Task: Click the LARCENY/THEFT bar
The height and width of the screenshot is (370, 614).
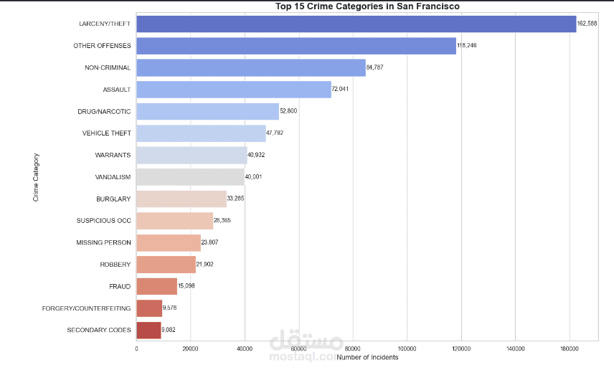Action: [x=356, y=24]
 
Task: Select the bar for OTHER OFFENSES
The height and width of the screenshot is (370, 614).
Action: [x=296, y=46]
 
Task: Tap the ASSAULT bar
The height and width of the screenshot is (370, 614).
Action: [x=233, y=90]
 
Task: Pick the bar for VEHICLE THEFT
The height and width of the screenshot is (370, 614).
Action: [x=201, y=133]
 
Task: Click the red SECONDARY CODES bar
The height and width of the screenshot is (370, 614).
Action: [x=148, y=330]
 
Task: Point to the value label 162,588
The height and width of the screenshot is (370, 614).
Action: [x=587, y=24]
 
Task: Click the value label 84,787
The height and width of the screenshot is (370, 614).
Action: [x=375, y=68]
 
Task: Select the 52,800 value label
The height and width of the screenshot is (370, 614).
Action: [x=288, y=112]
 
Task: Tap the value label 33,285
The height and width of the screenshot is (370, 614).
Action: [x=236, y=199]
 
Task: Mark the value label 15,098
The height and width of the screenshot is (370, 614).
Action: [x=186, y=286]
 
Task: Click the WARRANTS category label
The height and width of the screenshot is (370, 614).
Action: [x=113, y=155]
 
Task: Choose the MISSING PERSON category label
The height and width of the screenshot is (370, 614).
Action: [x=103, y=242]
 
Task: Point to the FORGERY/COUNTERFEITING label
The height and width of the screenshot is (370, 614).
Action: [x=96, y=308]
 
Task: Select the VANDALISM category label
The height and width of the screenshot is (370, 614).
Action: [x=113, y=177]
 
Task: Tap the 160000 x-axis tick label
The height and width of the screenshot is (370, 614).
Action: [x=569, y=348]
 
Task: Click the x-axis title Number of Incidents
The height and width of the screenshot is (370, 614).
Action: [x=367, y=357]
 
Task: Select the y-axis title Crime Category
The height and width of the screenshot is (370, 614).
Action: [x=36, y=176]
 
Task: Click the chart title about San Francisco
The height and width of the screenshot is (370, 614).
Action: [x=367, y=6]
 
